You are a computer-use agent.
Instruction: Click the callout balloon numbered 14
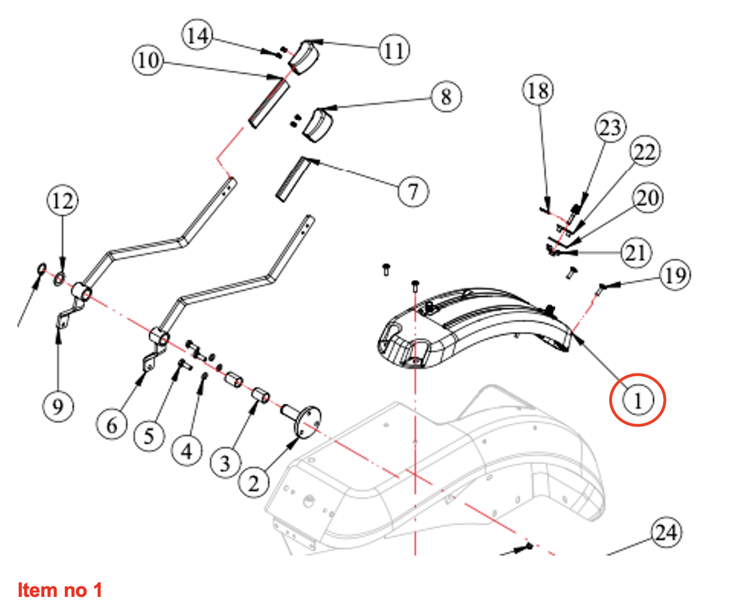(x=198, y=36)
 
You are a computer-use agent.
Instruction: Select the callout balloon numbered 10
(x=148, y=60)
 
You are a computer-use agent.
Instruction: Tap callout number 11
(x=394, y=50)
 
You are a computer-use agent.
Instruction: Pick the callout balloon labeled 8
(x=446, y=96)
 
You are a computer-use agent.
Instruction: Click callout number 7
(x=413, y=190)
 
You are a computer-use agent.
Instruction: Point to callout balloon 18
(x=538, y=90)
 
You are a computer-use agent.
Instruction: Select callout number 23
(x=610, y=127)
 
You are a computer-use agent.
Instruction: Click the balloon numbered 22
(x=644, y=152)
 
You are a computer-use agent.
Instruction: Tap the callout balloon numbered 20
(x=647, y=198)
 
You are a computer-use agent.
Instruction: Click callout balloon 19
(x=675, y=274)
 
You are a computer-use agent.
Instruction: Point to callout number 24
(x=666, y=532)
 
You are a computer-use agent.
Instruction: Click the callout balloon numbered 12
(x=62, y=201)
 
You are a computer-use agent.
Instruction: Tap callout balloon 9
(x=58, y=405)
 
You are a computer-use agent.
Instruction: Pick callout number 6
(x=112, y=425)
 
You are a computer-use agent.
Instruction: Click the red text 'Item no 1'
(x=60, y=590)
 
